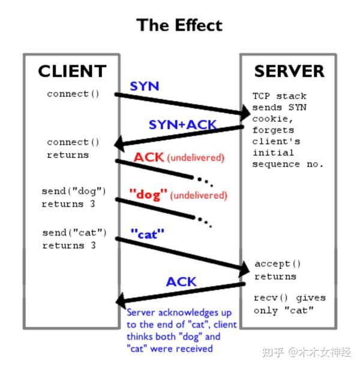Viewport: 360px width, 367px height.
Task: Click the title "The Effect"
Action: click(179, 25)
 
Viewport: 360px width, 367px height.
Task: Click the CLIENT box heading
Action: click(72, 71)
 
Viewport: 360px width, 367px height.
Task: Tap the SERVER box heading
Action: click(289, 71)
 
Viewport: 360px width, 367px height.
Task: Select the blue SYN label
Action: click(145, 86)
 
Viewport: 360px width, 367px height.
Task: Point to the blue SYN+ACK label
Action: click(182, 125)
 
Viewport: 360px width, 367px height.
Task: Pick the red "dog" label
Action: click(148, 195)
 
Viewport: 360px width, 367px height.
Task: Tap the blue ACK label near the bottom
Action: click(181, 281)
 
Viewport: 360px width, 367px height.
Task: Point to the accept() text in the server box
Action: click(277, 264)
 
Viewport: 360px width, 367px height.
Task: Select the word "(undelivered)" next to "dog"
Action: click(199, 195)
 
